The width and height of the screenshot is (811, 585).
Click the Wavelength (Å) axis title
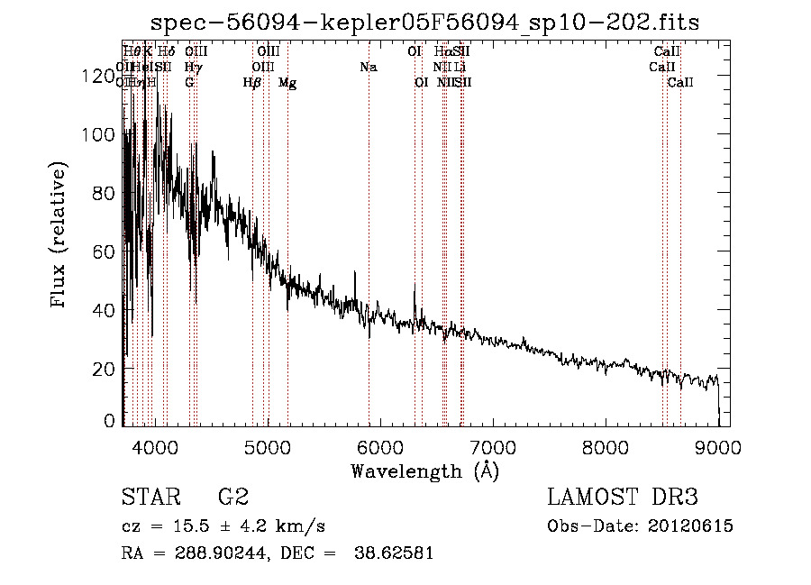tap(424, 471)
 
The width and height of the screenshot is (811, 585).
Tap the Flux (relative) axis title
tap(59, 236)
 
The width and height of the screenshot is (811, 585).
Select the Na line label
tap(368, 67)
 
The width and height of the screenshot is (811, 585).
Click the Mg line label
tap(287, 83)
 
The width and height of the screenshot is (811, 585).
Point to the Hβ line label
tap(252, 83)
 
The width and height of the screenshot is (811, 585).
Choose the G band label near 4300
tap(189, 83)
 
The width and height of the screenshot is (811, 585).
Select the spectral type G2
tap(232, 498)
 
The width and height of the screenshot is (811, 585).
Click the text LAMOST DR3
tap(623, 498)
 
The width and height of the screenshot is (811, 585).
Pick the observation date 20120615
tap(690, 526)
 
